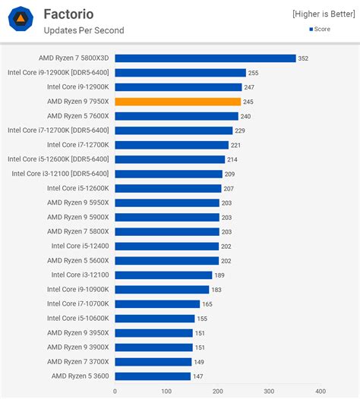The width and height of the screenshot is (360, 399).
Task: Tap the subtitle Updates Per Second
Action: [84, 30]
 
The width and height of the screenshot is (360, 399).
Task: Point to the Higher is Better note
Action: [324, 14]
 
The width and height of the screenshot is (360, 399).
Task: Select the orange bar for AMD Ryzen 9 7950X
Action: [178, 102]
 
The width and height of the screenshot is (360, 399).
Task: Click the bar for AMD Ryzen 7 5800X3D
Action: [205, 58]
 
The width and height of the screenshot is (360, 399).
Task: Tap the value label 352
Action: [304, 58]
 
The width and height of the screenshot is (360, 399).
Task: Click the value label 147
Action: [198, 376]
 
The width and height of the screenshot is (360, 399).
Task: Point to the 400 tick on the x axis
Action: [321, 391]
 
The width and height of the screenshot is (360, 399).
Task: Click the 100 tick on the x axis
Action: [166, 391]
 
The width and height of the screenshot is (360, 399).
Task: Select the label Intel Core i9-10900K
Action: [77, 290]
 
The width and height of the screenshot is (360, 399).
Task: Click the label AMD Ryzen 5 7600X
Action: [77, 116]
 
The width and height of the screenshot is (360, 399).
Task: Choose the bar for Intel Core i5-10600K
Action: [155, 319]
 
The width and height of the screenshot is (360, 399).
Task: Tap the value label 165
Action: [207, 304]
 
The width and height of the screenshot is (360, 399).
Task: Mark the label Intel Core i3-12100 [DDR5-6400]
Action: [60, 174]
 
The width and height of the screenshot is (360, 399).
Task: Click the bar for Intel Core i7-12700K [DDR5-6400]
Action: [174, 130]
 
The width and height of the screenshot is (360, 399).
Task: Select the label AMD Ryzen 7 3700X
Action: [77, 362]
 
